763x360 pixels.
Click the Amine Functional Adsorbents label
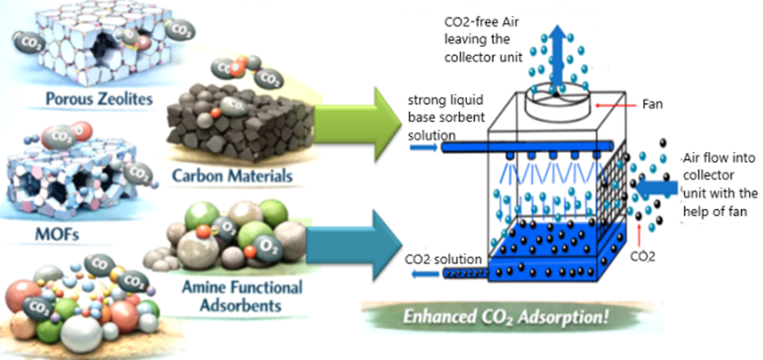point(233,297)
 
